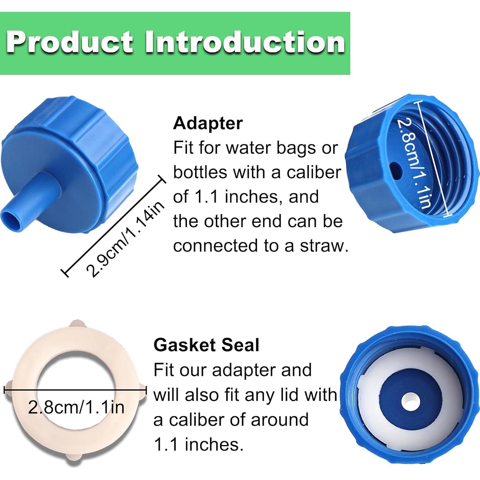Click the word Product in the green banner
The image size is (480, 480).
tap(70, 42)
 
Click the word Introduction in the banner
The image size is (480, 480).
tap(245, 42)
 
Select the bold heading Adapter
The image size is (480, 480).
tap(208, 123)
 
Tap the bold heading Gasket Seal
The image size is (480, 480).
tap(206, 345)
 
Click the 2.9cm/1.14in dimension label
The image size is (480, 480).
tap(125, 239)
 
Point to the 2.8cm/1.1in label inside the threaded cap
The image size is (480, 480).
tap(414, 163)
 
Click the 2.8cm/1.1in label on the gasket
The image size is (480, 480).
tap(76, 407)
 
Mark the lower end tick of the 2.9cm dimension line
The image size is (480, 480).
tap(65, 272)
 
